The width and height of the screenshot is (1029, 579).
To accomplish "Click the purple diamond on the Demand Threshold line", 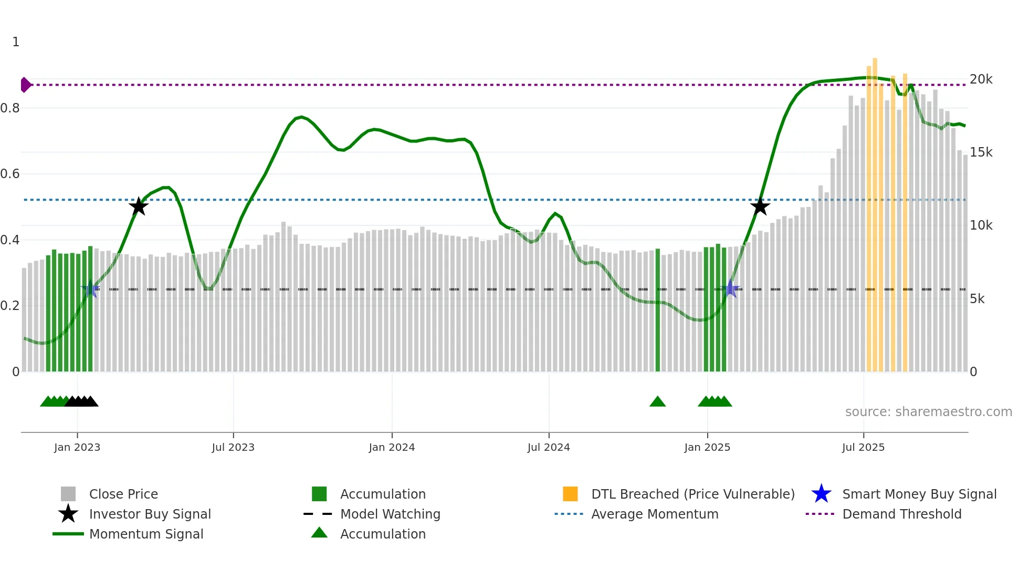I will pyautogui.click(x=25, y=85).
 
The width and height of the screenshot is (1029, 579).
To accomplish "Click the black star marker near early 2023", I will pyautogui.click(x=139, y=206).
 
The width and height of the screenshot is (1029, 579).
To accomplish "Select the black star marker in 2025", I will pyautogui.click(x=760, y=206).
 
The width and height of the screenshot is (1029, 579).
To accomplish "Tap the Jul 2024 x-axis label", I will pyautogui.click(x=549, y=447).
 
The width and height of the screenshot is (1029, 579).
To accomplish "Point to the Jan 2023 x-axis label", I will pyautogui.click(x=77, y=447).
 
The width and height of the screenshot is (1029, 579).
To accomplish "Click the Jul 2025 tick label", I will pyautogui.click(x=863, y=447).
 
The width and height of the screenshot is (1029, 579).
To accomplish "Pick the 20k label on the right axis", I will pyautogui.click(x=981, y=79).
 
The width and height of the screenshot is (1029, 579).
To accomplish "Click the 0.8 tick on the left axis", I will pyautogui.click(x=10, y=108).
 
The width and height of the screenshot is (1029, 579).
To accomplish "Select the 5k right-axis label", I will pyautogui.click(x=977, y=299).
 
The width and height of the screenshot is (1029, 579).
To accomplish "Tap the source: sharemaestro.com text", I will pyautogui.click(x=928, y=412).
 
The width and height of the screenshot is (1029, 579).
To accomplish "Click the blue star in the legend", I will pyautogui.click(x=821, y=494).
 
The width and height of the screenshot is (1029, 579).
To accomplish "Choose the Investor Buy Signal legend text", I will pyautogui.click(x=150, y=514).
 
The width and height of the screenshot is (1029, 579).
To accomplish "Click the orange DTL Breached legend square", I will pyautogui.click(x=570, y=494).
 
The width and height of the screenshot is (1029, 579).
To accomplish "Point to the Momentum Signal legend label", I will pyautogui.click(x=146, y=534).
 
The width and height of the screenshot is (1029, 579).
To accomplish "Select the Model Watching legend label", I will pyautogui.click(x=390, y=514).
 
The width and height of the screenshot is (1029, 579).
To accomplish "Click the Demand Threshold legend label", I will pyautogui.click(x=901, y=514).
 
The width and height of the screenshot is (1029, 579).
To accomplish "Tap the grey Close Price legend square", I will pyautogui.click(x=68, y=494).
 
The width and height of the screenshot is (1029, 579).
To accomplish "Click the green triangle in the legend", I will pyautogui.click(x=319, y=533).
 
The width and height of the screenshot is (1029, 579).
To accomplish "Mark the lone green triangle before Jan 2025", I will pyautogui.click(x=657, y=402).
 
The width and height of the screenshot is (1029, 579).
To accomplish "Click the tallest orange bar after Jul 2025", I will pyautogui.click(x=875, y=210).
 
